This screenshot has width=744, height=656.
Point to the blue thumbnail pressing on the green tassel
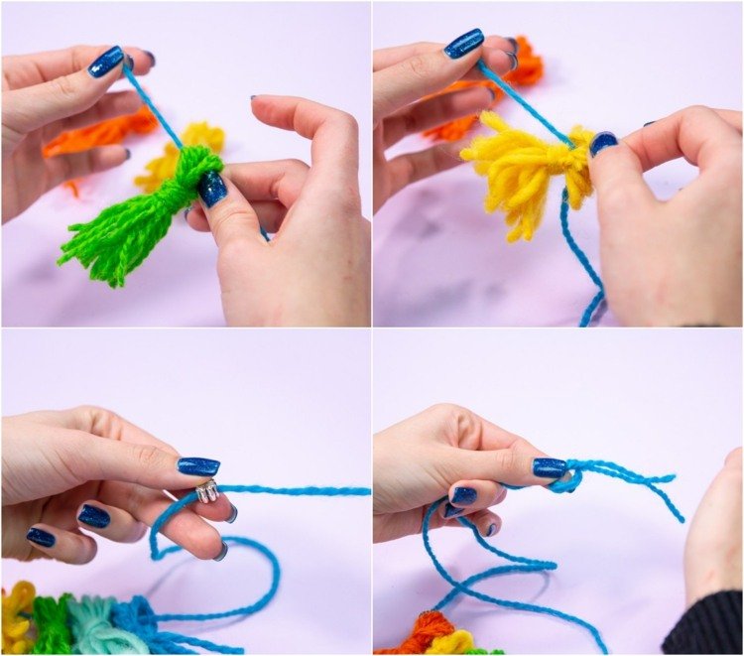pos(212,188)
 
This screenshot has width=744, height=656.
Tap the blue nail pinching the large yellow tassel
pos(602,144)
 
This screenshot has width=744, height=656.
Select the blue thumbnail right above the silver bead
pos(197,465)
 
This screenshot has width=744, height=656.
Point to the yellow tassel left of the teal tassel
pos(15,620)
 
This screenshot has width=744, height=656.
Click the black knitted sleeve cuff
pos(704,625)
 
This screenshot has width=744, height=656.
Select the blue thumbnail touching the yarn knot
pos(549,466)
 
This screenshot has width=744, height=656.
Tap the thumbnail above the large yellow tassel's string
pos(464,45)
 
